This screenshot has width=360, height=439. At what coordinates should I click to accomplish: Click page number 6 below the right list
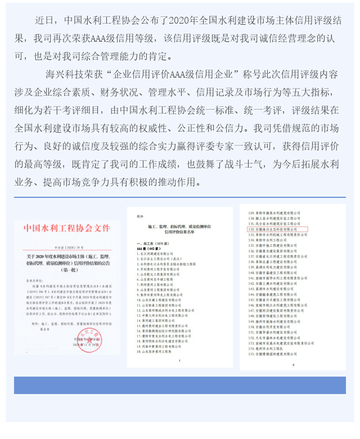point(292,365)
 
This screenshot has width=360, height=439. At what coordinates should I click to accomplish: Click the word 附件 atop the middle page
point(140,214)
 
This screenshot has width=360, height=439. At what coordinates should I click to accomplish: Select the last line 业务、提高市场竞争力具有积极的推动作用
point(110,183)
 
